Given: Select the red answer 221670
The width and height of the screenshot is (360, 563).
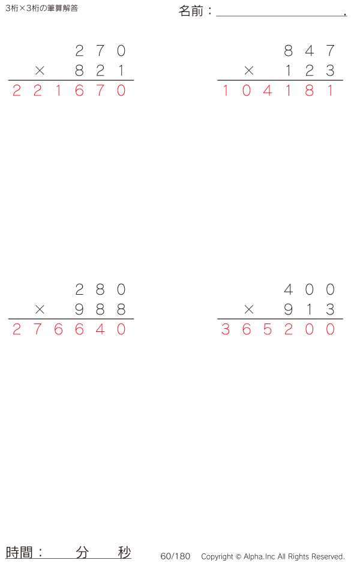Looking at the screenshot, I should click(x=69, y=91).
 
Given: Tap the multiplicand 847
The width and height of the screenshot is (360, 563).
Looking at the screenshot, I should click(x=309, y=51).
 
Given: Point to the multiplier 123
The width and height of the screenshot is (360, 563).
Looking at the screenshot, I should click(x=309, y=71).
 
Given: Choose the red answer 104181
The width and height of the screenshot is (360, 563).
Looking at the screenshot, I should click(x=278, y=91).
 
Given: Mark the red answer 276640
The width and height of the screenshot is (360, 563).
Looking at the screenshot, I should click(x=69, y=330).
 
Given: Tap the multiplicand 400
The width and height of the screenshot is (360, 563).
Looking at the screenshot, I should click(x=309, y=290).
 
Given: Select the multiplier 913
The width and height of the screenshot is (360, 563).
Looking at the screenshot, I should click(x=309, y=310).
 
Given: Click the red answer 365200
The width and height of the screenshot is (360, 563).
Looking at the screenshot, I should click(x=278, y=330).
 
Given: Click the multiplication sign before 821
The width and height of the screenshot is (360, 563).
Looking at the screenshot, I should click(x=40, y=71).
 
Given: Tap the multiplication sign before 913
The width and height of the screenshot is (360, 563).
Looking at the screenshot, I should click(x=249, y=310).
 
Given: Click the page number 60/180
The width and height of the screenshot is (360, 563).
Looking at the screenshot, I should click(x=175, y=556).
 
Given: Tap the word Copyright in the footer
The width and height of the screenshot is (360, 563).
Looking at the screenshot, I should click(x=217, y=556).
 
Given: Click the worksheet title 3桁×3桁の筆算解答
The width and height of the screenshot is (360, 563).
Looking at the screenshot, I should click(x=41, y=8).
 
